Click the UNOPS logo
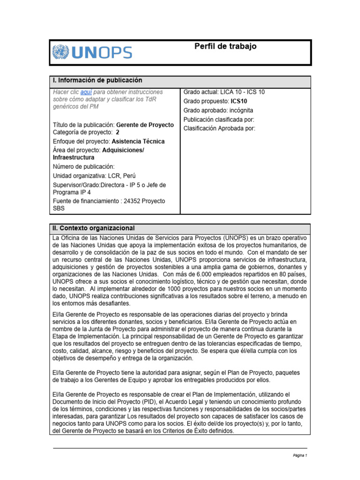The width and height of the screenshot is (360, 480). pos(92,52)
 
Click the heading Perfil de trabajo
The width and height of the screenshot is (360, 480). pos(225,47)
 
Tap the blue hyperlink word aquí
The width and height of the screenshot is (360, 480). pos(86,92)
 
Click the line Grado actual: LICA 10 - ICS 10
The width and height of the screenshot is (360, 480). pos(224,92)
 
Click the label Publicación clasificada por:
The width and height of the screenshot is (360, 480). pos(218,119)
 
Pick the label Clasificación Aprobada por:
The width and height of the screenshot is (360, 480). pos(219,128)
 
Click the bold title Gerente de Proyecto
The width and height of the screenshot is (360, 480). pos(145,125)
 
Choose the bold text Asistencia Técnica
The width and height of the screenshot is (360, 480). pos(138,141)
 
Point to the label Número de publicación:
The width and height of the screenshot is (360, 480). pos(83,166)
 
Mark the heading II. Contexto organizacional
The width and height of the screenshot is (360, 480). pos(94,228)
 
